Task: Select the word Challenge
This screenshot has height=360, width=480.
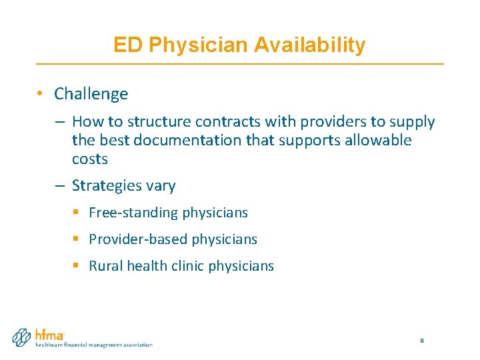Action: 91,94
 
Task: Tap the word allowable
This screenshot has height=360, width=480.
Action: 378,141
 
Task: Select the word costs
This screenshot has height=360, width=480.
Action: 89,159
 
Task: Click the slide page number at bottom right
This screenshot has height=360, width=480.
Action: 421,341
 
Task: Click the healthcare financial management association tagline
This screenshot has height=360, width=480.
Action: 93,345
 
